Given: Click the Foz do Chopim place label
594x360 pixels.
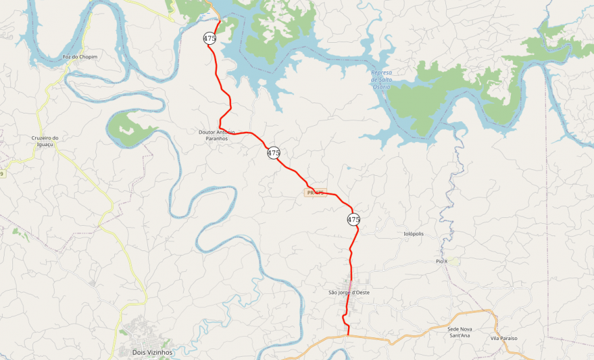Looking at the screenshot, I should [80, 57].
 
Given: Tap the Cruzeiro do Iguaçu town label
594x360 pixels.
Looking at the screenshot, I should [45, 141].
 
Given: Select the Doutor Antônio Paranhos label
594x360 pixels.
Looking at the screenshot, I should [216, 135].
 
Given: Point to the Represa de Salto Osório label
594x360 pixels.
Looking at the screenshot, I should [381, 79].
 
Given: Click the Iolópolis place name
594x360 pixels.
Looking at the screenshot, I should [414, 234].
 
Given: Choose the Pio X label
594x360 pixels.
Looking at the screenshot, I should [441, 261].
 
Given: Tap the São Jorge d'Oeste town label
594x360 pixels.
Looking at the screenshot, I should [349, 293].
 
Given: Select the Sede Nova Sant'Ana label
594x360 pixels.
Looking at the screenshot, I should [460, 332].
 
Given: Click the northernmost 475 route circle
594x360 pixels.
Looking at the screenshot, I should [209, 38].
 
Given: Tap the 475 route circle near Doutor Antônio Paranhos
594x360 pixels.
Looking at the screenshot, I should [273, 153].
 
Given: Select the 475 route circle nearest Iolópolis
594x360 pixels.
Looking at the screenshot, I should [353, 219].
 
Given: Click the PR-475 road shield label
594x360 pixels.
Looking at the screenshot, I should [316, 193].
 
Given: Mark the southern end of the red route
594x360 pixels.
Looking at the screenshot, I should [349, 335].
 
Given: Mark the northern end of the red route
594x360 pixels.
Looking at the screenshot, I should [220, 21].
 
